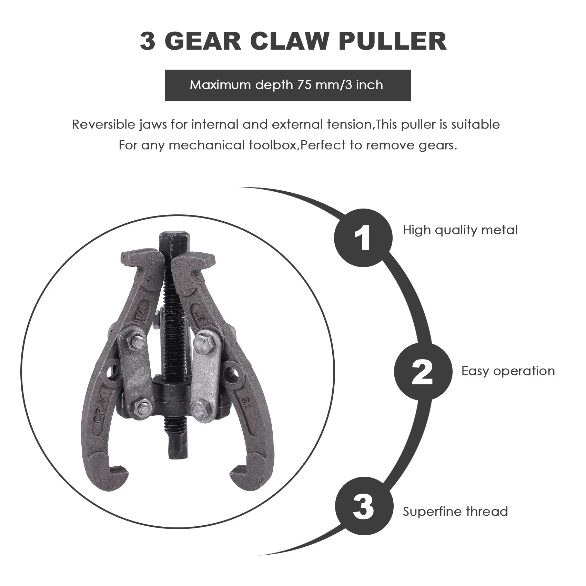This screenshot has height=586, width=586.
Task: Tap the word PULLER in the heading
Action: pyautogui.click(x=393, y=42)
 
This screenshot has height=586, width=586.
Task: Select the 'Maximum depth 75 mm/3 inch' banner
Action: pyautogui.click(x=287, y=85)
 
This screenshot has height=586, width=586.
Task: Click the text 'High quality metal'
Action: pyautogui.click(x=460, y=230)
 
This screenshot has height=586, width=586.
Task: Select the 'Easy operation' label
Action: pyautogui.click(x=508, y=371)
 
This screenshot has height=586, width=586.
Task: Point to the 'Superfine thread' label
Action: pyautogui.click(x=455, y=511)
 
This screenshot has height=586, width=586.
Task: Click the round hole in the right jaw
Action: pyautogui.click(x=230, y=374)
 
